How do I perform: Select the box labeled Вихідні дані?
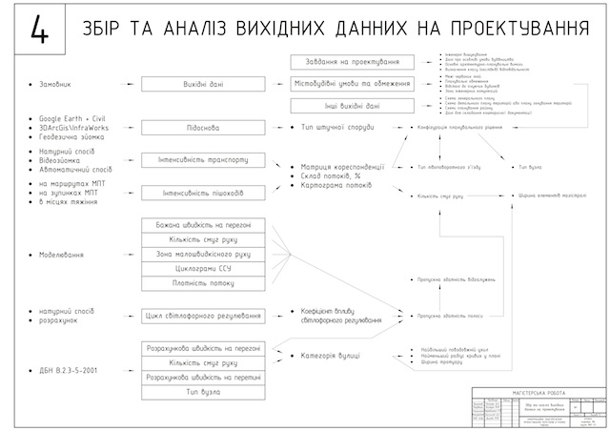(x=203, y=84)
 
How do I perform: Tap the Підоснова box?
(x=203, y=126)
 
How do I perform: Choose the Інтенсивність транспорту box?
(x=203, y=159)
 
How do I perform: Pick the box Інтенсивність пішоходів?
(x=203, y=193)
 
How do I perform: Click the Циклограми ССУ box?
(x=203, y=269)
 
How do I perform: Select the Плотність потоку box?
(x=203, y=284)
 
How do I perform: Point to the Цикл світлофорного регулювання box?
(x=203, y=316)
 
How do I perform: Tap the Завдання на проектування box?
(x=352, y=62)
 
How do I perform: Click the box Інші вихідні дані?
(x=352, y=106)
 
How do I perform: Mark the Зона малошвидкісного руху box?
(x=203, y=254)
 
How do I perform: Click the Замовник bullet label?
(x=56, y=84)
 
